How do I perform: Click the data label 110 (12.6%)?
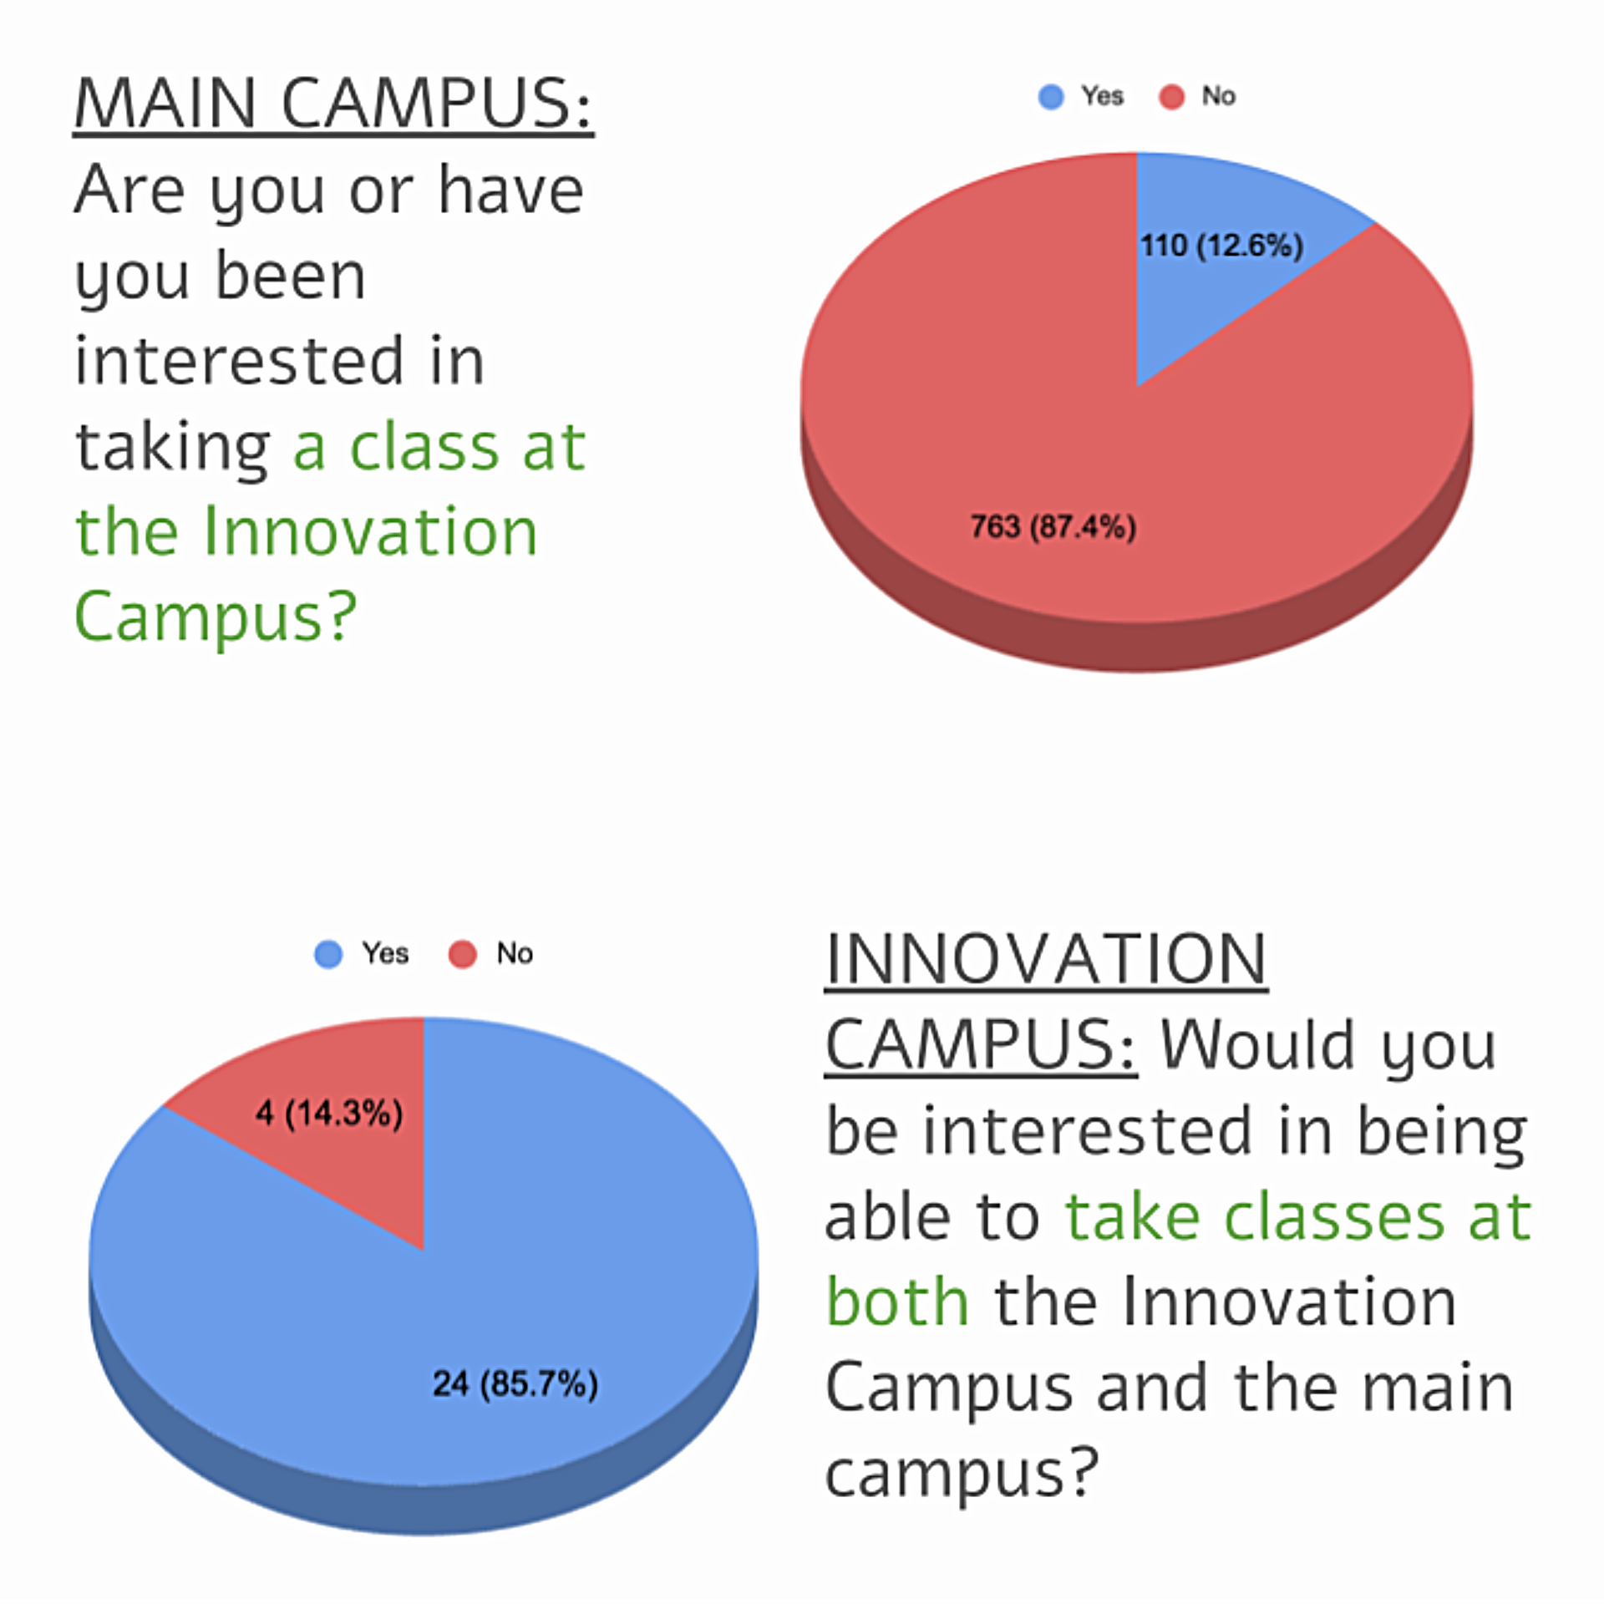(x=1221, y=246)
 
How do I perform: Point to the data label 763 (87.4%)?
(x=1053, y=527)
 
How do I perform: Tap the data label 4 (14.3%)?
(x=329, y=1113)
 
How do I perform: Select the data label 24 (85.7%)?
(x=515, y=1384)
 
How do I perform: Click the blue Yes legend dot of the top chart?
(x=1051, y=97)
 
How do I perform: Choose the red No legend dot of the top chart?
(x=1171, y=97)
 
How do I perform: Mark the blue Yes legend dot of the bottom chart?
(x=328, y=954)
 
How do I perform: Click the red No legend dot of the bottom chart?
(x=462, y=954)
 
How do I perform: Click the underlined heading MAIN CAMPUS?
(x=333, y=104)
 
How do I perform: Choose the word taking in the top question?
(x=173, y=449)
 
